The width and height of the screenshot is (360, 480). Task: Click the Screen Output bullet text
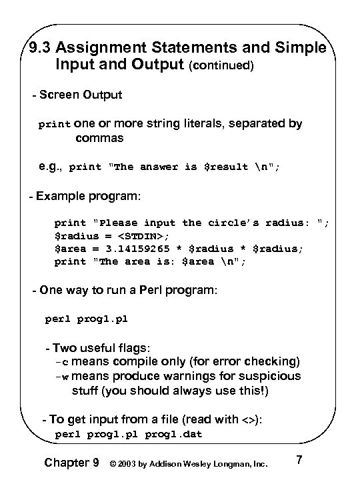(80, 95)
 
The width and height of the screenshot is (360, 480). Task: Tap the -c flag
(61, 363)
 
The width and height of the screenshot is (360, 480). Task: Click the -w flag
(61, 377)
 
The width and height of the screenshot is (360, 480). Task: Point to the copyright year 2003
(130, 462)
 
